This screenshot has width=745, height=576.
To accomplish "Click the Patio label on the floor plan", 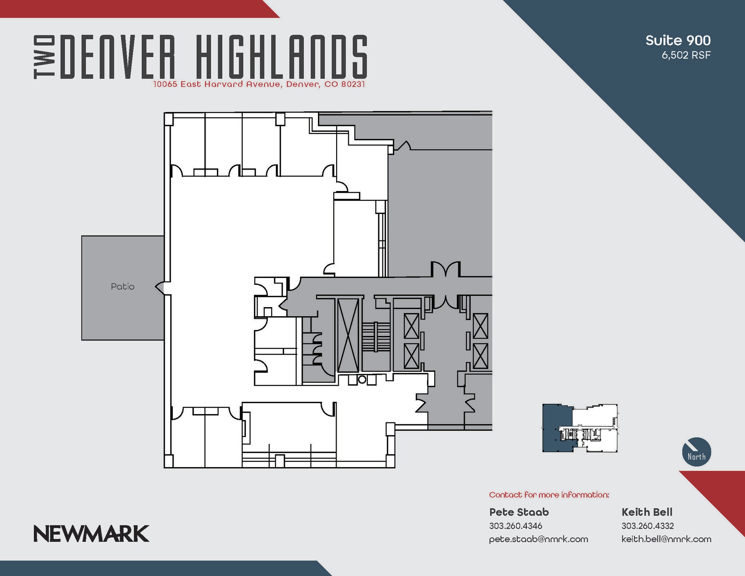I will coord(123,287).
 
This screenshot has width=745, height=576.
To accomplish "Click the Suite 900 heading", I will coord(678,40).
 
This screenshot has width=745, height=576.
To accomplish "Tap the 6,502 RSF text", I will coord(686,55).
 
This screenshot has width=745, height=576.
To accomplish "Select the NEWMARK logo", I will coord(91,533).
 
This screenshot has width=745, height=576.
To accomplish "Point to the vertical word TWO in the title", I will coord(44,57).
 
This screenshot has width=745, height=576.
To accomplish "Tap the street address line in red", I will coord(259,84).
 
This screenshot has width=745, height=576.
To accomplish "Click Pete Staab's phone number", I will coord(515,526).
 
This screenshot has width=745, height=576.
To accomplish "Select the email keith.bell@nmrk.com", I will coord(666,539).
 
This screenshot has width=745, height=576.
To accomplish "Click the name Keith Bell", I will coord(647,512).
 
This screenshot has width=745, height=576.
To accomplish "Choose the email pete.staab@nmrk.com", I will coord(538,539).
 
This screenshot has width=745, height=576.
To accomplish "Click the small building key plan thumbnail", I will coord(580,428).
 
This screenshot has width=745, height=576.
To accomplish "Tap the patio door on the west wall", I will coord(160,287).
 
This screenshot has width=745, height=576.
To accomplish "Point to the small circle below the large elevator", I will coord(362,380).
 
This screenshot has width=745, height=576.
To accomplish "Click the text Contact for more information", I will coord(549,495).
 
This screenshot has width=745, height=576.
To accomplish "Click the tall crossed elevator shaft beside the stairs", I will coord(348,335).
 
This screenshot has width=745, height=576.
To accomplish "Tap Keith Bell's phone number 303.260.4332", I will coord(648,526).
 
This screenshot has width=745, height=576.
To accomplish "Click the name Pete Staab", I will coord(519,512).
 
